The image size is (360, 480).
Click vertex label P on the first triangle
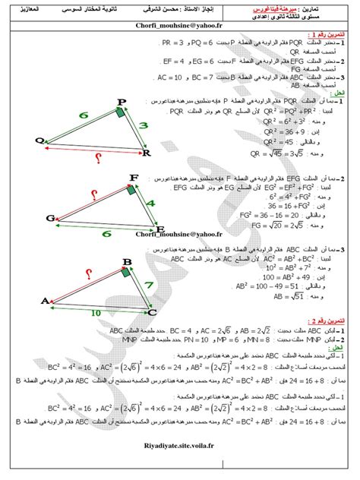122,103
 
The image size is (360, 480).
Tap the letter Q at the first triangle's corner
39,139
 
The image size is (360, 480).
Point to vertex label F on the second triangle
134,178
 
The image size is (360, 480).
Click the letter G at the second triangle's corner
50,218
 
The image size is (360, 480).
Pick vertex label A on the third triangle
44,302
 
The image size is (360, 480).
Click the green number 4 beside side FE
151,204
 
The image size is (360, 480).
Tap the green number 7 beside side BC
147,287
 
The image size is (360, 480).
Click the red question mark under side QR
97,157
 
